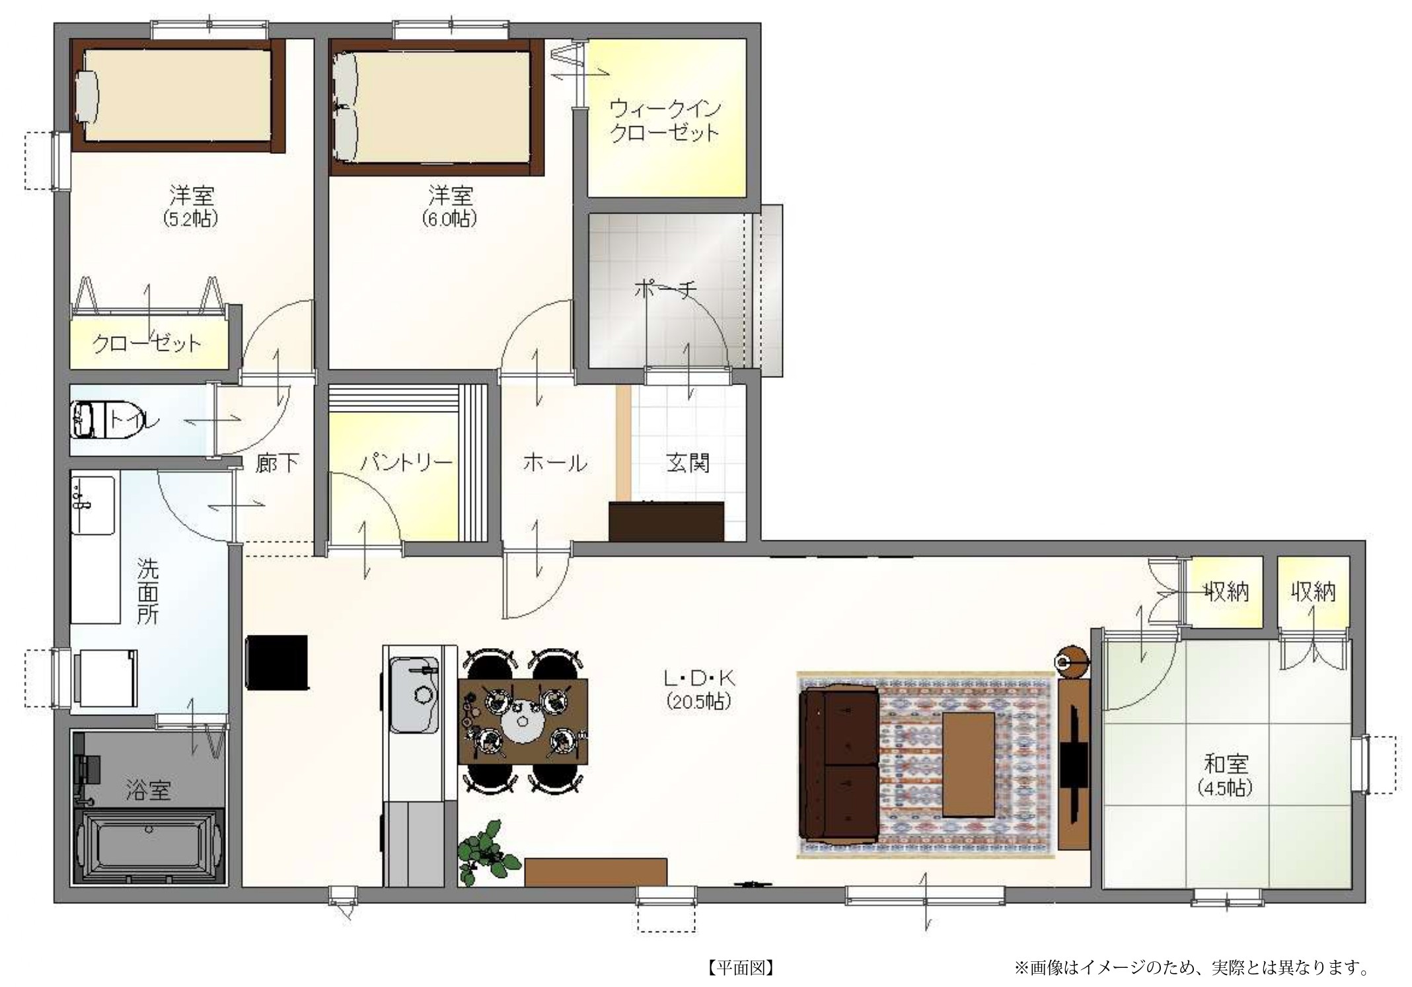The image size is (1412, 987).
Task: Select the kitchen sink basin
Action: click(414, 695)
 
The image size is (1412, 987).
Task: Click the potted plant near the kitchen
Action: click(488, 852)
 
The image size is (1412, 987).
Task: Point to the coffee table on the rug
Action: click(969, 764)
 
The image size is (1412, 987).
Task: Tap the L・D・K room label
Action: click(699, 678)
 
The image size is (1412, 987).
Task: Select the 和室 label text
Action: click(1226, 764)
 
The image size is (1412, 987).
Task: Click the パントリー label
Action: click(406, 462)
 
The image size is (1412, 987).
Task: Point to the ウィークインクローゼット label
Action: click(664, 121)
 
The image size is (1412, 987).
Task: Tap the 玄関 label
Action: click(688, 462)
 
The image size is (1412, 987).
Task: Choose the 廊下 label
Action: click(277, 463)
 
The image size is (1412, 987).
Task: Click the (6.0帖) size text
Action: click(449, 219)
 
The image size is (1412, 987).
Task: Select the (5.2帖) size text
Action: click(191, 219)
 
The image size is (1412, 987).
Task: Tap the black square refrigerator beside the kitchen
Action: click(278, 662)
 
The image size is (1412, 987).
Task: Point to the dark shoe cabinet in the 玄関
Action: click(666, 521)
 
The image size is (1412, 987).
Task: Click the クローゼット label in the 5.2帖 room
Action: click(147, 344)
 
